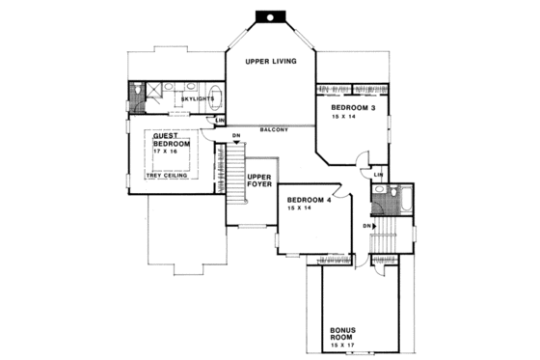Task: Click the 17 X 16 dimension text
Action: click(170, 152)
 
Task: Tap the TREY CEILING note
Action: click(168, 176)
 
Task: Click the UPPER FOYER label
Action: click(258, 182)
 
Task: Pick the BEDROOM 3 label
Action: click(354, 107)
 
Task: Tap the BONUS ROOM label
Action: click(344, 333)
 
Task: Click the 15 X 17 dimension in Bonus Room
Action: click(345, 346)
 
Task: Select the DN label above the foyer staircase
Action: click(235, 135)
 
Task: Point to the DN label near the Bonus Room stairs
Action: click(367, 226)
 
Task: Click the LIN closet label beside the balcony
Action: click(221, 121)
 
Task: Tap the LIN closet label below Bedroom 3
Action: click(379, 174)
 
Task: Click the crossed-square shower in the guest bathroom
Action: click(135, 95)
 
